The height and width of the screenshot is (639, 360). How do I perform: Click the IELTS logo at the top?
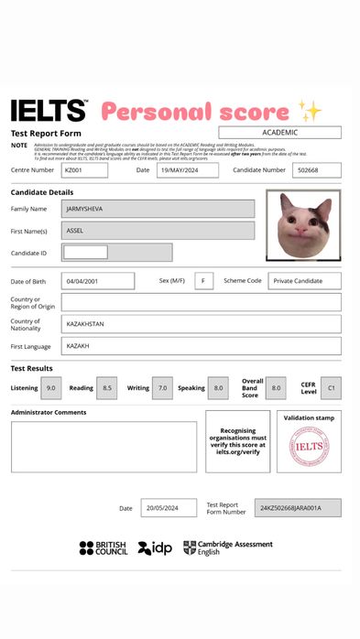coord(49,112)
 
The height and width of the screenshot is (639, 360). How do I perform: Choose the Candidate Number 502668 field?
coord(316,170)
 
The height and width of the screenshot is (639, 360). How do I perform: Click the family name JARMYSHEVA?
coord(158,209)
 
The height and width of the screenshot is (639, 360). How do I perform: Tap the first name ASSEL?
coord(158,231)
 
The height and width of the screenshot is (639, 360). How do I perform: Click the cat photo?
coord(303,226)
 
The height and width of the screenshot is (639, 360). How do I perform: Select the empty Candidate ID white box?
coord(85,253)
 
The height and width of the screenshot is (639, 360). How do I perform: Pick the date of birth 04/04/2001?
coord(97,281)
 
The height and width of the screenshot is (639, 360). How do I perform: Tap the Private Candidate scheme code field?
coord(304,281)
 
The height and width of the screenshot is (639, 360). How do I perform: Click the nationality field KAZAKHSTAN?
coord(201,324)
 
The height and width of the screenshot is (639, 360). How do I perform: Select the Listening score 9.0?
coord(51,388)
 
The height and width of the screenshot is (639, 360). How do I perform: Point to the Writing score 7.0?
coord(162,388)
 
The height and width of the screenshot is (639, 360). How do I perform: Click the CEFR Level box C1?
coord(331,388)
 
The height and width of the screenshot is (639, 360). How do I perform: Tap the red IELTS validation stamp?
coord(309,447)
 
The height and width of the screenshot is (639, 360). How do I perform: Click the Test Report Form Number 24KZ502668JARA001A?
coord(297,507)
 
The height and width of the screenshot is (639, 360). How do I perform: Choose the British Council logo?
coord(104,547)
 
